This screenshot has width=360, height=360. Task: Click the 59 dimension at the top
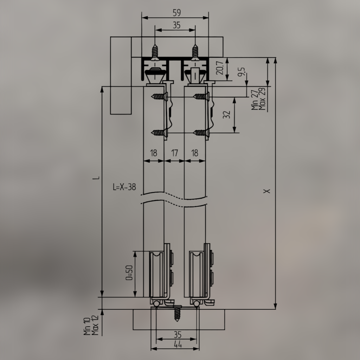[x=177, y=13]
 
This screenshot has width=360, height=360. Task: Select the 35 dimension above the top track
[x=177, y=25]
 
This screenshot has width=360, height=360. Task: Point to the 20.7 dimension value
[x=220, y=68]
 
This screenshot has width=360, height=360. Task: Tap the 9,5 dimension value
[x=241, y=72]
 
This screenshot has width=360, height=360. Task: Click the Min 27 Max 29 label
[x=259, y=99]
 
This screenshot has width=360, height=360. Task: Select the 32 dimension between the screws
[x=227, y=115]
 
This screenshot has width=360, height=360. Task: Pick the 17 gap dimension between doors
[x=174, y=153]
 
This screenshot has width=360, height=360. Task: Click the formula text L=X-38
[x=124, y=187]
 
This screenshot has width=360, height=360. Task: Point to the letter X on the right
[x=268, y=191]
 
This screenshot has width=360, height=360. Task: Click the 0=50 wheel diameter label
[x=129, y=273]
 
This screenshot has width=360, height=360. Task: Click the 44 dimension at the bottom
[x=178, y=345]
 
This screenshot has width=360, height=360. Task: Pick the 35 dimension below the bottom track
[x=178, y=334]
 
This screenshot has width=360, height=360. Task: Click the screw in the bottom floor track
[x=177, y=314]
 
